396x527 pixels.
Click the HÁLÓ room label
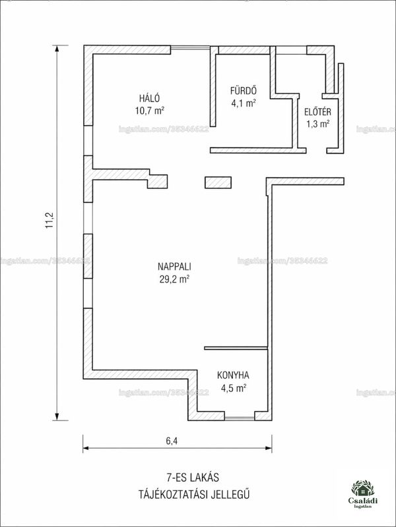coord(150,98)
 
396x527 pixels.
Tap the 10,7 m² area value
coord(150,111)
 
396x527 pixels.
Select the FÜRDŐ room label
coord(244,90)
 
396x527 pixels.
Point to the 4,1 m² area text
coord(243,103)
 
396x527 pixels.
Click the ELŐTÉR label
coord(317,111)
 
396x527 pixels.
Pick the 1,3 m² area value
coord(317,124)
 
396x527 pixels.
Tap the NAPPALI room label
coord(174,267)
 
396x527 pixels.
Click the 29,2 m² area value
coord(174,279)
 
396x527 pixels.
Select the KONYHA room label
coord(233,375)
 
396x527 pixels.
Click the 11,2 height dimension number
coord(50,220)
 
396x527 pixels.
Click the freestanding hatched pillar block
coord(218,182)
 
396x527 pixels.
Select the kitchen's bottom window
coord(240,418)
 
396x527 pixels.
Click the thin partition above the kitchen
coord(236,348)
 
